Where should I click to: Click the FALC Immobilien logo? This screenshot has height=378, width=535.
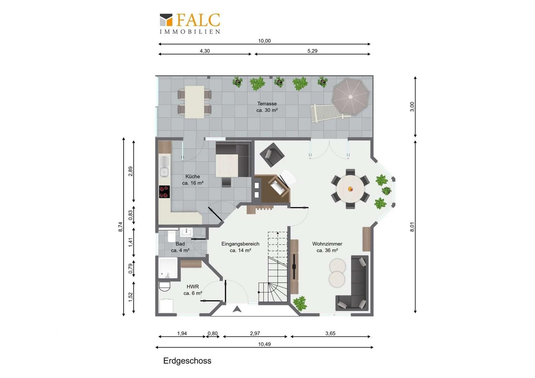pos(190,24)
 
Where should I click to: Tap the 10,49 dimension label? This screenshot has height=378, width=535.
pos(264,344)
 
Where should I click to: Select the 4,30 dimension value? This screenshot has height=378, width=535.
pos(205,51)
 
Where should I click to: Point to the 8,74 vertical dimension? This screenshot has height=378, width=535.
pos(120,226)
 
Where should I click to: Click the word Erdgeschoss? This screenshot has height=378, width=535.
pos(187,360)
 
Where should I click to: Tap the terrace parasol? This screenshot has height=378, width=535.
pos(350,97)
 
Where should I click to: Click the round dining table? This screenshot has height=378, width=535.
pos(350,189)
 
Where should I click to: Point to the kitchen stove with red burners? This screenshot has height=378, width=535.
pos(164,192)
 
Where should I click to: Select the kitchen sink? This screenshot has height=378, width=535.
pos(164,167)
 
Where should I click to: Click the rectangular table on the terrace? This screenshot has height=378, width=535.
pos(194,102)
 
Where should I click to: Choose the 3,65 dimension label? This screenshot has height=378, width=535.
pos(330,333)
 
